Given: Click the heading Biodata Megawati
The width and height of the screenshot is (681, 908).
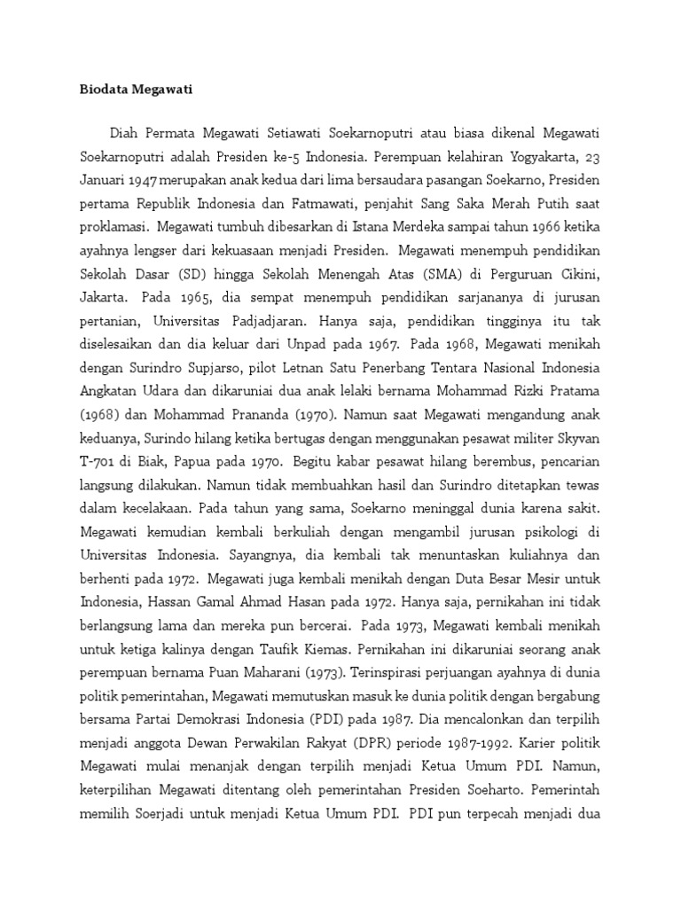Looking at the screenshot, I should pyautogui.click(x=130, y=90).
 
